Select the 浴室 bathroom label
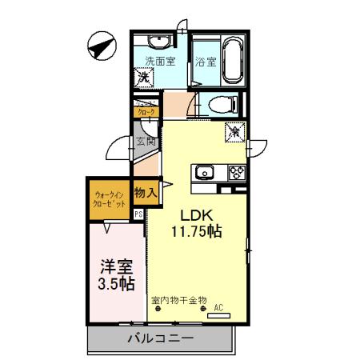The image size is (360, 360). pyautogui.click(x=205, y=61)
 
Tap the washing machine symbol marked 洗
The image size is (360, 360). pyautogui.click(x=144, y=78)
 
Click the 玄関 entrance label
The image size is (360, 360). pyautogui.click(x=145, y=142)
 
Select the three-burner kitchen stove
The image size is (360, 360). pyautogui.click(x=237, y=171)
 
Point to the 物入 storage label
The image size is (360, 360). pyautogui.click(x=145, y=193)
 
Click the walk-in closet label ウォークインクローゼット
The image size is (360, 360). pyautogui.click(x=110, y=199)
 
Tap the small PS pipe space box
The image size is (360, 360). pyautogui.click(x=138, y=214)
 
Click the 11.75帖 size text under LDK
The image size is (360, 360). pyautogui.click(x=195, y=233)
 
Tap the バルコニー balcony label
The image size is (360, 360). pyautogui.click(x=161, y=338)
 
